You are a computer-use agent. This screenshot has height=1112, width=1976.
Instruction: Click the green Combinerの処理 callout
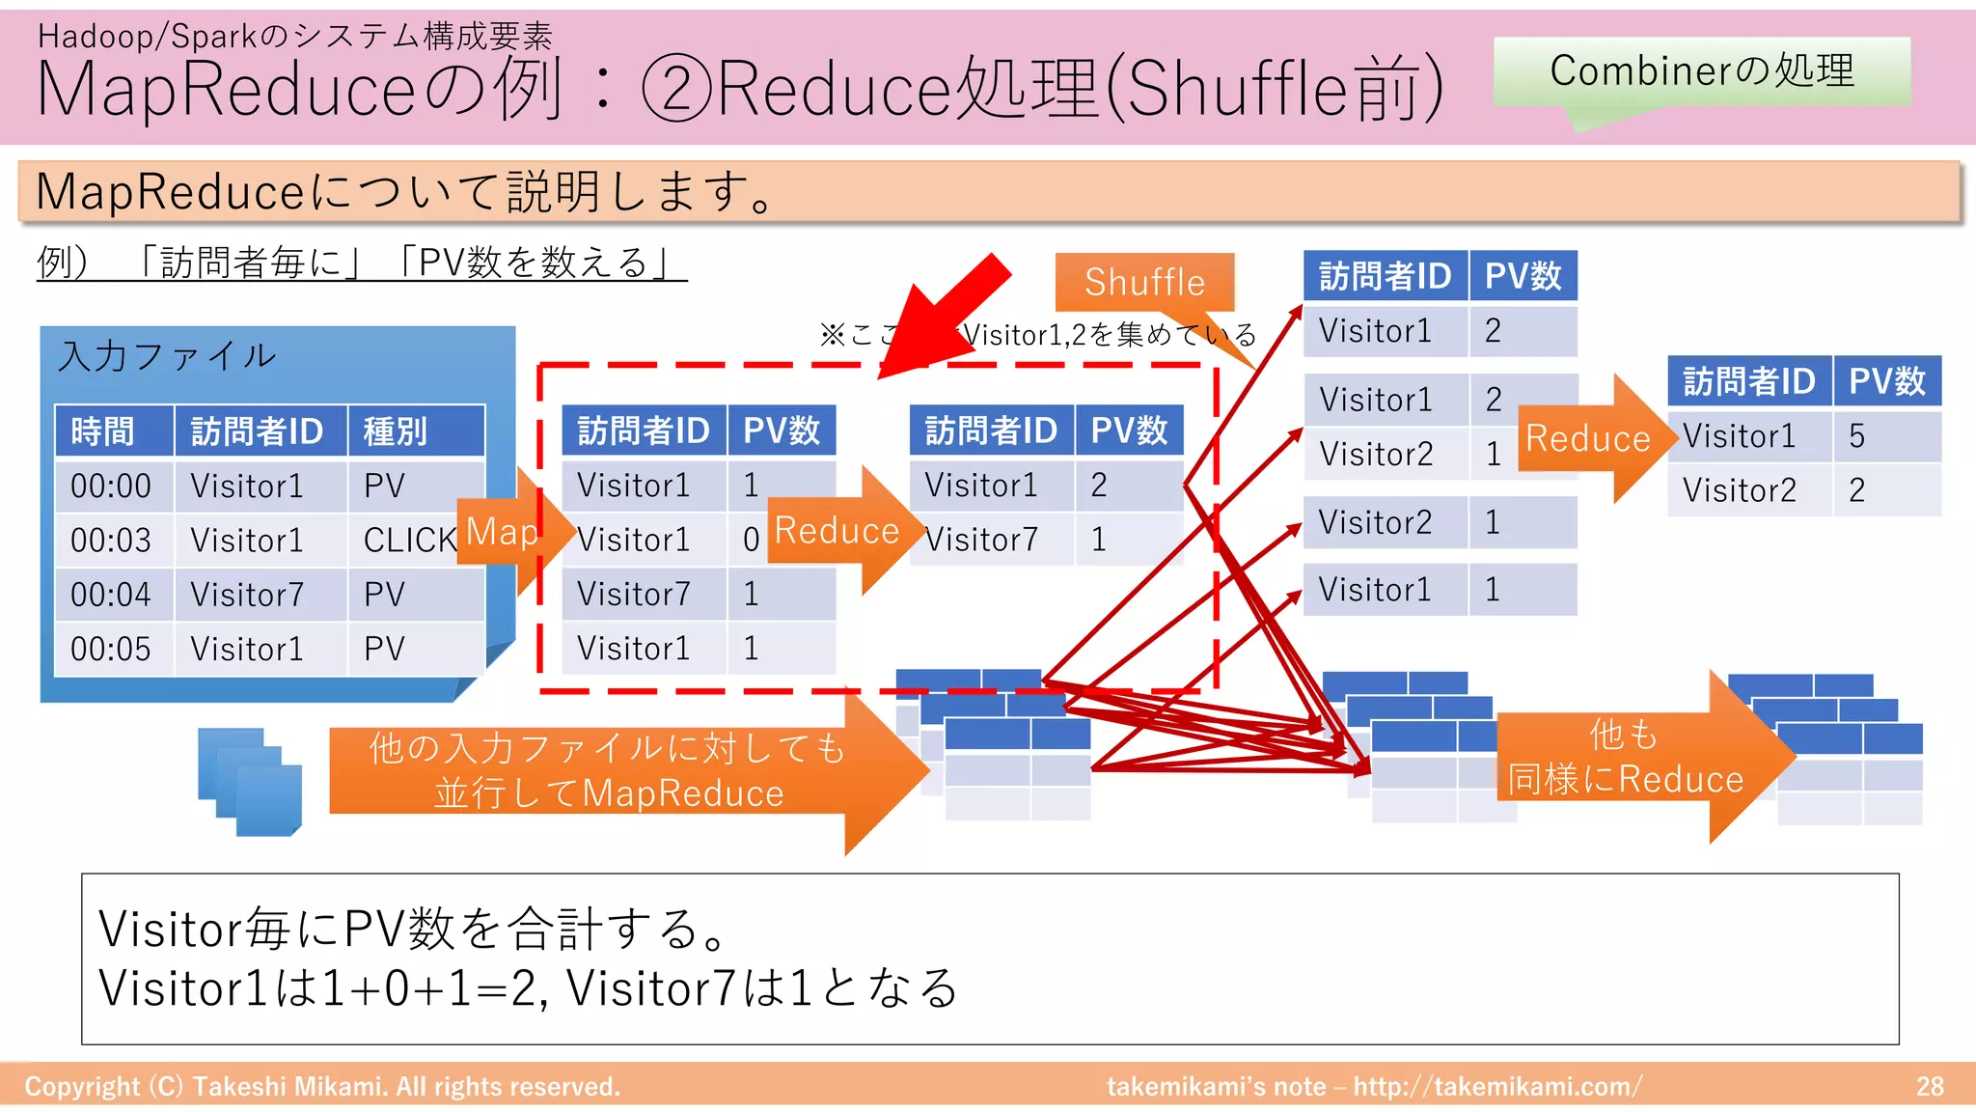point(1701,70)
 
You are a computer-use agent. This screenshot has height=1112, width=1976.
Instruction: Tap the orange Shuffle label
point(1144,282)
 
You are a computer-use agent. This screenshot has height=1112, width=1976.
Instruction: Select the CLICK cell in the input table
point(408,540)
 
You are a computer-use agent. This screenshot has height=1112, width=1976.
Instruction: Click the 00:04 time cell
point(111,594)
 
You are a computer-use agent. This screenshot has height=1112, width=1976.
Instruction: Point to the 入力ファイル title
point(167,356)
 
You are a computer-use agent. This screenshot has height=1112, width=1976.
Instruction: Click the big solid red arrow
point(941,320)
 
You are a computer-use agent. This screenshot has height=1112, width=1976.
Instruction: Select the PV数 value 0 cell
point(751,540)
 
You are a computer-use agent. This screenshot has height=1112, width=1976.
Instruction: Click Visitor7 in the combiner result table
point(981,540)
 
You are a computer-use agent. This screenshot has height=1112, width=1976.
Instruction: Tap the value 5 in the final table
point(1856,435)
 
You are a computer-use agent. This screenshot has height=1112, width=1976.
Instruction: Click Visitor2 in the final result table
point(1739,490)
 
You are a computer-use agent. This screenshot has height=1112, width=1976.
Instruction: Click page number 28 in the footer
point(1930,1086)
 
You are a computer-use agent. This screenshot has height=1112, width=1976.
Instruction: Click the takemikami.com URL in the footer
point(1496,1086)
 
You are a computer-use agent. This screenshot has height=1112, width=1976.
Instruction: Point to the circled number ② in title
point(676,88)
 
